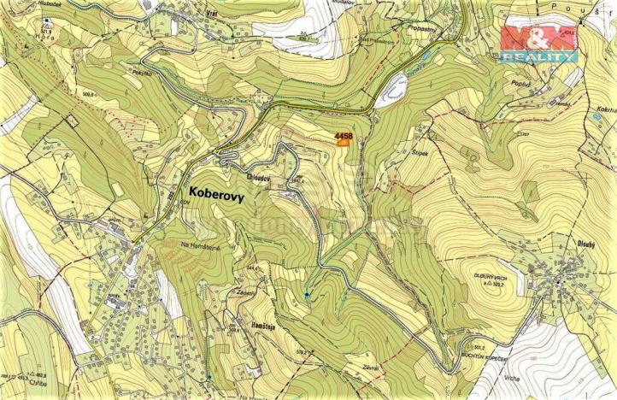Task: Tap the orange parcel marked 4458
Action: click(343, 144)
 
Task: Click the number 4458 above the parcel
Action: click(344, 135)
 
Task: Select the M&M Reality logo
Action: click(538, 44)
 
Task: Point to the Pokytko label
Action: click(166, 74)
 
